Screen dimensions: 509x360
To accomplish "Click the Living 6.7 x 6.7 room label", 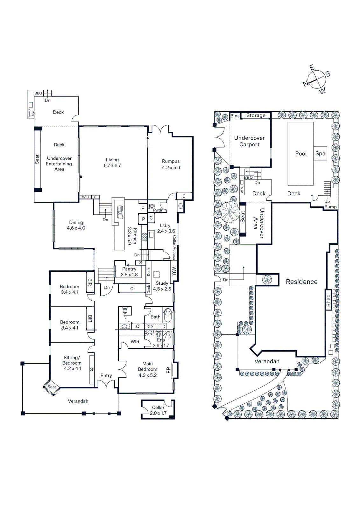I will [112, 163].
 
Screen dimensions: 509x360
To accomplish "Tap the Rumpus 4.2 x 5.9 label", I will [171, 164].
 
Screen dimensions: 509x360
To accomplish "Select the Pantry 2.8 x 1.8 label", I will [129, 272].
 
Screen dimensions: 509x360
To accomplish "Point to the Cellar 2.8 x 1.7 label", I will [158, 410].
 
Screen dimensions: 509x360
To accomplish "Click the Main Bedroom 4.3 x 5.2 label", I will [147, 369].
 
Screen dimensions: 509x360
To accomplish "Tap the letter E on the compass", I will [312, 67].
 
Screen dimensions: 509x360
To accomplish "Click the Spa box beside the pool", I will [320, 153].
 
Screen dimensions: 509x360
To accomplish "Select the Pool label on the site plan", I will [300, 154].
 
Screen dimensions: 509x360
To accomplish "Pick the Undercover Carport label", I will [249, 141].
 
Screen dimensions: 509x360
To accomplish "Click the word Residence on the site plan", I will [301, 282].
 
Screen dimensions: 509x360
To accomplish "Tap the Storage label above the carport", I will [256, 115].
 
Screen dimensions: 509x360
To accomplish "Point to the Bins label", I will [235, 116].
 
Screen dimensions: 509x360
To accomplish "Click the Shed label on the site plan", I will [328, 300].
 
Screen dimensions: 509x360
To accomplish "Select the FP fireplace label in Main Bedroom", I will [168, 370].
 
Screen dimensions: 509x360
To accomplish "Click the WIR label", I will [135, 342].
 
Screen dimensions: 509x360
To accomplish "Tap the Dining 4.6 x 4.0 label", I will [76, 225].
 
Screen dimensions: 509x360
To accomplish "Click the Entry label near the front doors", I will [106, 375].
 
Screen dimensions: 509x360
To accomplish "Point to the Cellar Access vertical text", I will [174, 247].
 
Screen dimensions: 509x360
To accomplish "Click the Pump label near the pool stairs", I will [330, 207].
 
